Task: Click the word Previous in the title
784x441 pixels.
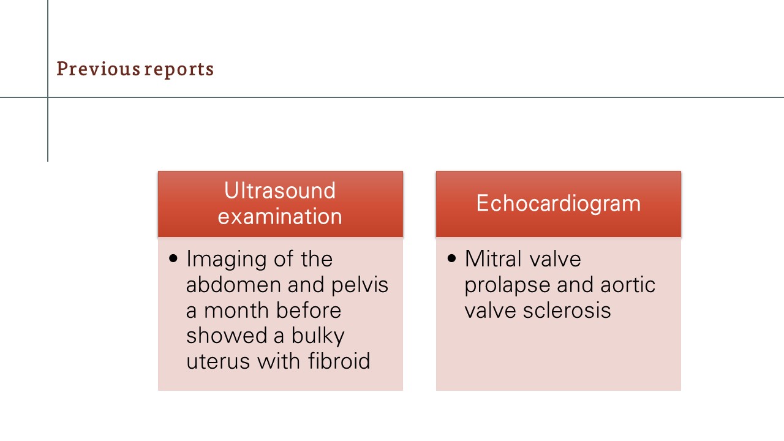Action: (x=99, y=69)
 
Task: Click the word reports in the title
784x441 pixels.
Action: (x=179, y=70)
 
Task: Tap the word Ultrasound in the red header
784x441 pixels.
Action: (x=280, y=190)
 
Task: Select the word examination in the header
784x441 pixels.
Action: (x=280, y=216)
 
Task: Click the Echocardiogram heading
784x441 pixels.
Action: (x=559, y=203)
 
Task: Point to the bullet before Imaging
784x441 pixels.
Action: (x=173, y=258)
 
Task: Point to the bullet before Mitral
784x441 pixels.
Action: (x=452, y=258)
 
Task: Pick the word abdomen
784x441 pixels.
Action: (x=234, y=285)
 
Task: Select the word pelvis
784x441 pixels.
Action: (x=360, y=286)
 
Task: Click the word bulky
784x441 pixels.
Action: (x=318, y=337)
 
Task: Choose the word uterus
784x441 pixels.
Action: (x=218, y=362)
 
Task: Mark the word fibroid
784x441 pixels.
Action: (x=339, y=361)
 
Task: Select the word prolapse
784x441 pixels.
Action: (x=508, y=286)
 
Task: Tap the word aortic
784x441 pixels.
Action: (x=628, y=285)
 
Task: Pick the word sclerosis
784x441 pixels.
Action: (x=567, y=311)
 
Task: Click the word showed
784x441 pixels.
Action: (x=227, y=336)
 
